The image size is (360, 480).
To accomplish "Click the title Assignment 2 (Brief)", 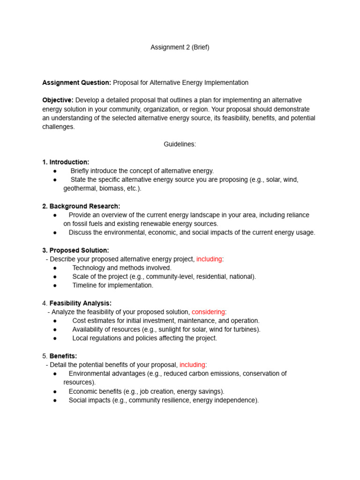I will (x=180, y=47).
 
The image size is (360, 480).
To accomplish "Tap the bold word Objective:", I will (x=58, y=100).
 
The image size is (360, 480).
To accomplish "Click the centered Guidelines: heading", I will (x=180, y=144).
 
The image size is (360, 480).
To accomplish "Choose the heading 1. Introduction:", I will (x=66, y=162).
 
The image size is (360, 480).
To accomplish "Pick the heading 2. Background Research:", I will (x=81, y=206).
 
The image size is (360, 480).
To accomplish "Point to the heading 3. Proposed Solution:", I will (x=75, y=250).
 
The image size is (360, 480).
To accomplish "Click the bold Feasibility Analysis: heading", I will (x=81, y=303).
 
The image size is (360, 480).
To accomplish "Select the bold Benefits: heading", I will (x=63, y=356).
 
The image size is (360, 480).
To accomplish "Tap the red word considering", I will (x=208, y=312).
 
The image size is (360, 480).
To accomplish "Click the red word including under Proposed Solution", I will (x=209, y=259).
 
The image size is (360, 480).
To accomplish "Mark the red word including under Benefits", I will (x=192, y=365).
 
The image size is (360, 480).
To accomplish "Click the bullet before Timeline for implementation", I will (x=55, y=285).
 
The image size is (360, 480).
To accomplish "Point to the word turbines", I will (x=247, y=330).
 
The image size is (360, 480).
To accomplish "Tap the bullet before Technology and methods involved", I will (x=55, y=268).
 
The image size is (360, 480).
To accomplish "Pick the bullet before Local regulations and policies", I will (x=55, y=338).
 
